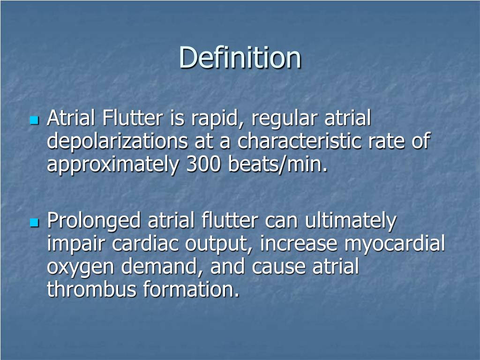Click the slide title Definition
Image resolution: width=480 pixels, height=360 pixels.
240,58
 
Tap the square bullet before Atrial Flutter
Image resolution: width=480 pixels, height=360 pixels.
33,120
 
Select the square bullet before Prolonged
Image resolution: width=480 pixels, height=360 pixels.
33,222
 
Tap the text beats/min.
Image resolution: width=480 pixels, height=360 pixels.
274,165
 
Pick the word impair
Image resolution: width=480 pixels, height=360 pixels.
73,244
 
